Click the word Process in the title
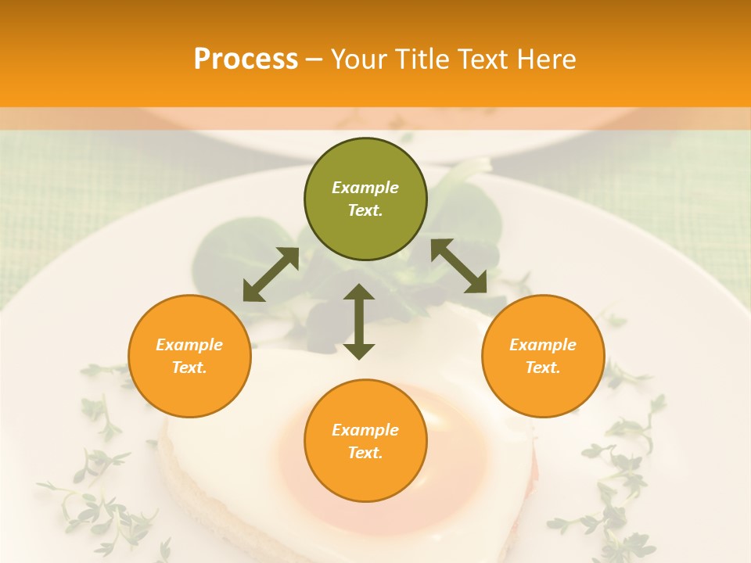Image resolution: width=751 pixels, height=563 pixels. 246,59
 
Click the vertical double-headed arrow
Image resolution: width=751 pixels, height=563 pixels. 359,321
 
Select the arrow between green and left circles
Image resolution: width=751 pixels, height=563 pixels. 271,274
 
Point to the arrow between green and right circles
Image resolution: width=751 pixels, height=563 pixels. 459,266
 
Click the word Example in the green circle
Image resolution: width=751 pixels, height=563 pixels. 365,188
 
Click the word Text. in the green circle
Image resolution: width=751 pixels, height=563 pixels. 365,210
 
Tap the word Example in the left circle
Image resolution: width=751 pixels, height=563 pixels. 189,345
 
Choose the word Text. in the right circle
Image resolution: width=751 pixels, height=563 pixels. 543,368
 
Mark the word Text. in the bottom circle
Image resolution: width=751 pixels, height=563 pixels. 365,453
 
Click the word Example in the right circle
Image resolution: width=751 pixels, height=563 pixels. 543,345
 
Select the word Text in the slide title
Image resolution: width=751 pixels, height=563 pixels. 480,59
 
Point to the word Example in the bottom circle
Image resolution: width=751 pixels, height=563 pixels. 365,430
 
